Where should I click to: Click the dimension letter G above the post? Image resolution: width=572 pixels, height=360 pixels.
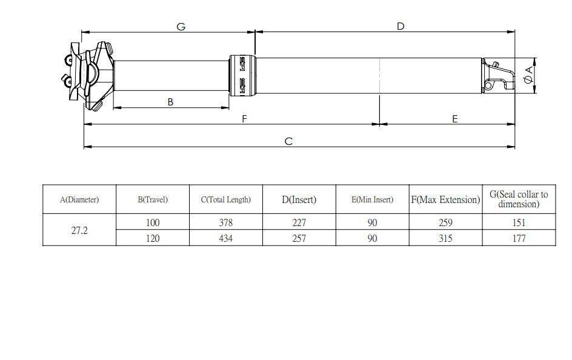coord(181,27)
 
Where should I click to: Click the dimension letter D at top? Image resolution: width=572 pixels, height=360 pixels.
coord(401,26)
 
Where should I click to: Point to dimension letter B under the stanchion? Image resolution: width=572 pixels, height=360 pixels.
coord(170,102)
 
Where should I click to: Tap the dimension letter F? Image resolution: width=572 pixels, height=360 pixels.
coord(245,119)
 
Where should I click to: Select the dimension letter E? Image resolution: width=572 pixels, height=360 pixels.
coord(455,119)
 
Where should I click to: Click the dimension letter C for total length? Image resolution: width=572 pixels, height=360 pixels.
coord(288,141)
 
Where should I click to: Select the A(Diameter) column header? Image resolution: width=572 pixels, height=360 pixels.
coord(79,199)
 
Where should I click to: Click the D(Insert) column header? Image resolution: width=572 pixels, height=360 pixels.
coord(299,199)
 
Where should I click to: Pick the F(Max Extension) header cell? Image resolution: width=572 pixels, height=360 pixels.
coord(445,199)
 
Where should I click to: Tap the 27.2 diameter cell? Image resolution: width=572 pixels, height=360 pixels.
coord(79,230)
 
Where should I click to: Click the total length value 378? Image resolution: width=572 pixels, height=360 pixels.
coord(225,222)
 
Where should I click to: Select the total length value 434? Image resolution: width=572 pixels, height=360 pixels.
coord(225,238)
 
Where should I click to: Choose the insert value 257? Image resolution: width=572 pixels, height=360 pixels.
coord(299,238)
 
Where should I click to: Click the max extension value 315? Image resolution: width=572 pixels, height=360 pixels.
coord(445,238)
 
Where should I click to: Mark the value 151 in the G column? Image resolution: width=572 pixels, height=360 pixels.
coord(519,222)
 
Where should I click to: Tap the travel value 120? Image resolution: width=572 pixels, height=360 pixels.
coord(153,238)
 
